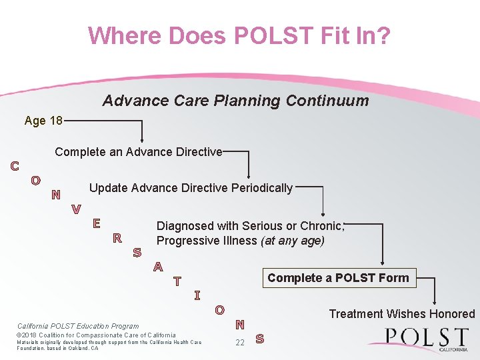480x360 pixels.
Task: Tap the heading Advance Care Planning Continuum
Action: pos(235,101)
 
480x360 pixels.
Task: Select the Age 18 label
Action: pos(43,121)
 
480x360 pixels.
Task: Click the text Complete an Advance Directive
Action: pos(139,152)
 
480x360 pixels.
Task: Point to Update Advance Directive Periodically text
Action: pos(191,188)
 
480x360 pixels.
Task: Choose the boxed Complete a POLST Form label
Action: pos(338,277)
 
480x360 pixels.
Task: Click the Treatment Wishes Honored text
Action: pos(402,314)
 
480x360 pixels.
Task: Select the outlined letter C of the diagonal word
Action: pos(14,166)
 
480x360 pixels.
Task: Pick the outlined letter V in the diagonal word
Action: pos(77,209)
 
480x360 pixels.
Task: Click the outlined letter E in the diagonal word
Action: pos(97,223)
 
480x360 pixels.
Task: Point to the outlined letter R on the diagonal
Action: pos(117,238)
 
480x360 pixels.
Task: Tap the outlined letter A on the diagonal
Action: pos(158,267)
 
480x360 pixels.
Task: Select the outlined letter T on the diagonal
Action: pos(177,281)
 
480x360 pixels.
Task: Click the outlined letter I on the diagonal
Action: pos(197,295)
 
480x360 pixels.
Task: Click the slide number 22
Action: pos(240,343)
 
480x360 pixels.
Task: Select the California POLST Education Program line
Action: pos(78,326)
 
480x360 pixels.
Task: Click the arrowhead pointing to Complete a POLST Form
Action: pos(383,264)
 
